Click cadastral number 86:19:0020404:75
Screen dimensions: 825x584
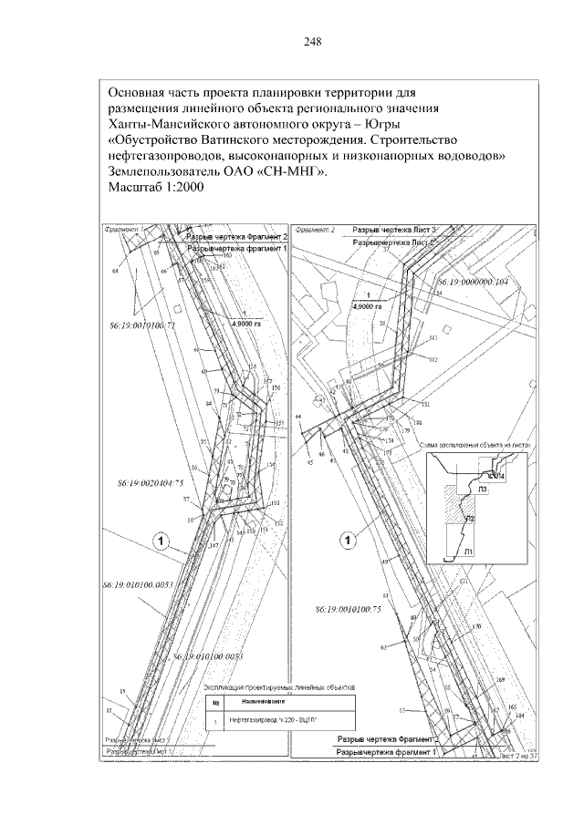[151, 481]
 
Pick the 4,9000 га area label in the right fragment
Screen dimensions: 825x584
[367, 307]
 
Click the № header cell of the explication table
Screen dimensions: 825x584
[214, 703]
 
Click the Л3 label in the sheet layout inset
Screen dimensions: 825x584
[480, 490]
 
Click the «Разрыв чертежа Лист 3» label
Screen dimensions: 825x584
[396, 232]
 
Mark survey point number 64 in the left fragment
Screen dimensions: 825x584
[116, 272]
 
